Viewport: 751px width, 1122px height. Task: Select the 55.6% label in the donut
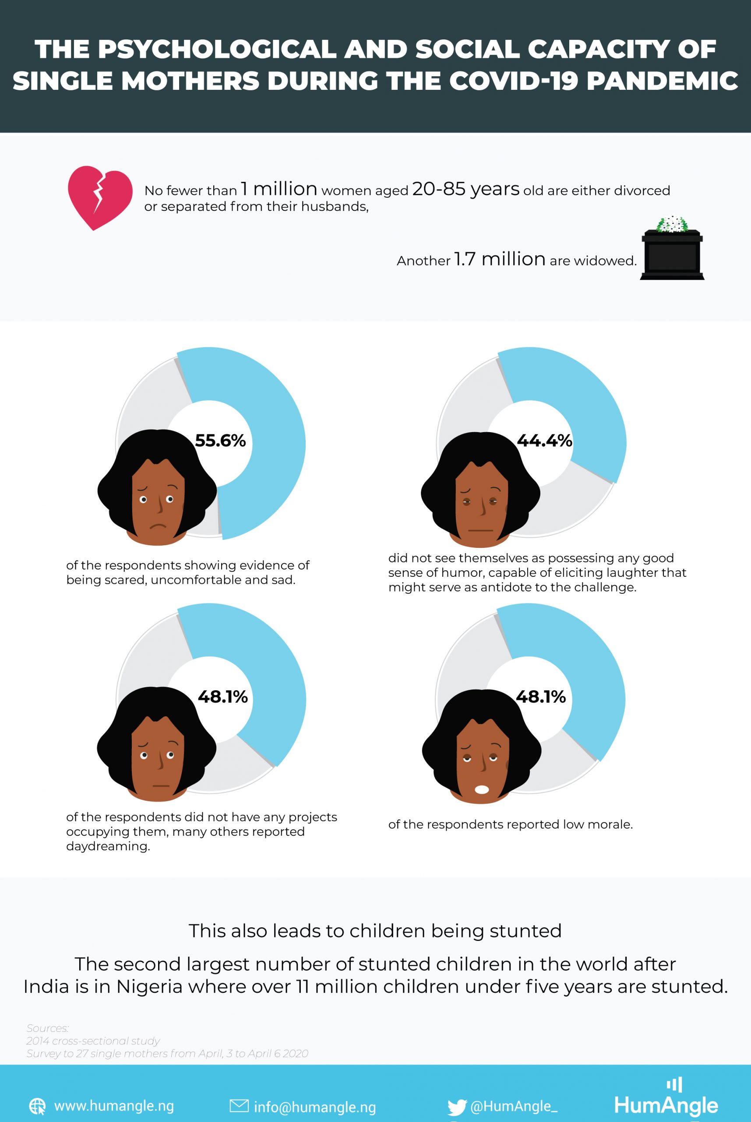220,440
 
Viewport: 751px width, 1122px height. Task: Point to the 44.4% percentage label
545,440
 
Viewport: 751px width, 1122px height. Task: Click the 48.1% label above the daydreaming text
223,696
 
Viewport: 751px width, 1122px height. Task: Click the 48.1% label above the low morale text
541,696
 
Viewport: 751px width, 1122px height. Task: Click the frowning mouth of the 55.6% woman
158,527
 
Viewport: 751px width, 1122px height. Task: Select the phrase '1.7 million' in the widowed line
499,259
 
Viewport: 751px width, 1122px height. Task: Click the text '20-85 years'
465,189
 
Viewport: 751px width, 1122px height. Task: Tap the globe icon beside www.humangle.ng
37,1106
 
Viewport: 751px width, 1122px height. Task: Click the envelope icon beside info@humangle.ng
239,1106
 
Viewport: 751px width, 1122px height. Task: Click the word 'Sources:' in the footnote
47,1028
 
